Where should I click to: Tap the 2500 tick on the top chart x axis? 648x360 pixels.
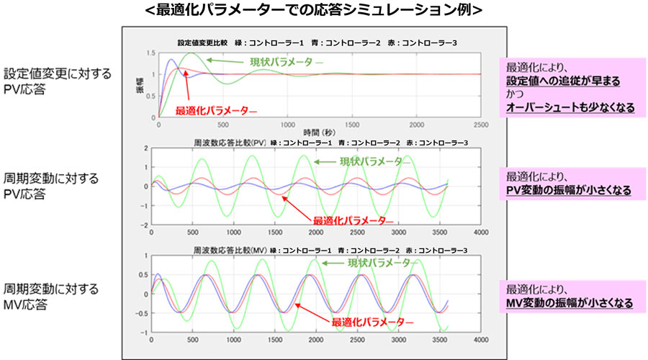[480, 125]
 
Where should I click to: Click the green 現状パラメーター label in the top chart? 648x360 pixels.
[287, 62]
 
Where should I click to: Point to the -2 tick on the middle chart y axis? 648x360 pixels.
[145, 224]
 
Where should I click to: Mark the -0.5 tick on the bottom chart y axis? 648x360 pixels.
[142, 313]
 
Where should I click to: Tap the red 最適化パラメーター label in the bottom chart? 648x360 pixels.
[372, 322]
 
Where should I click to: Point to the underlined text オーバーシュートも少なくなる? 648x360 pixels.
[571, 108]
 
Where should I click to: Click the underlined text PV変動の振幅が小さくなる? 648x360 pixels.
[569, 191]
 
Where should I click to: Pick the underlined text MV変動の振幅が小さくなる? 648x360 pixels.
[570, 303]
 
